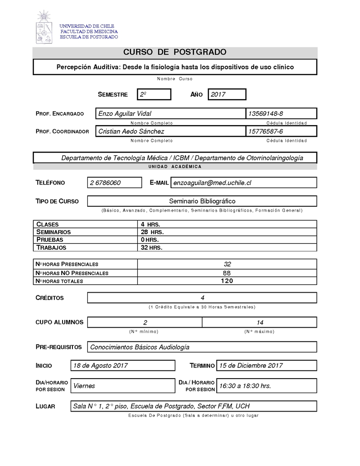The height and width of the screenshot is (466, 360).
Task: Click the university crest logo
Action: point(44,27)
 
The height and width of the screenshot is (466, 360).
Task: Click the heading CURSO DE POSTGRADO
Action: point(175,53)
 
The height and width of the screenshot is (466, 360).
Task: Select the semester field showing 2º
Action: point(154,95)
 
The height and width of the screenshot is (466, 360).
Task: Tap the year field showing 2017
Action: point(226,95)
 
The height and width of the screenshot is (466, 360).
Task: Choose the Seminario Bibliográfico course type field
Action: point(202,201)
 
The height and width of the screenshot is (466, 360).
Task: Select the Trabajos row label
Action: point(51,248)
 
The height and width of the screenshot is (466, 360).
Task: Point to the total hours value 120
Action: point(227,281)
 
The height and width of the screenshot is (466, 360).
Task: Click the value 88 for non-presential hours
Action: point(227,273)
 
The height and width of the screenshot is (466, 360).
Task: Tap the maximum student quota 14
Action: point(260,322)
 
